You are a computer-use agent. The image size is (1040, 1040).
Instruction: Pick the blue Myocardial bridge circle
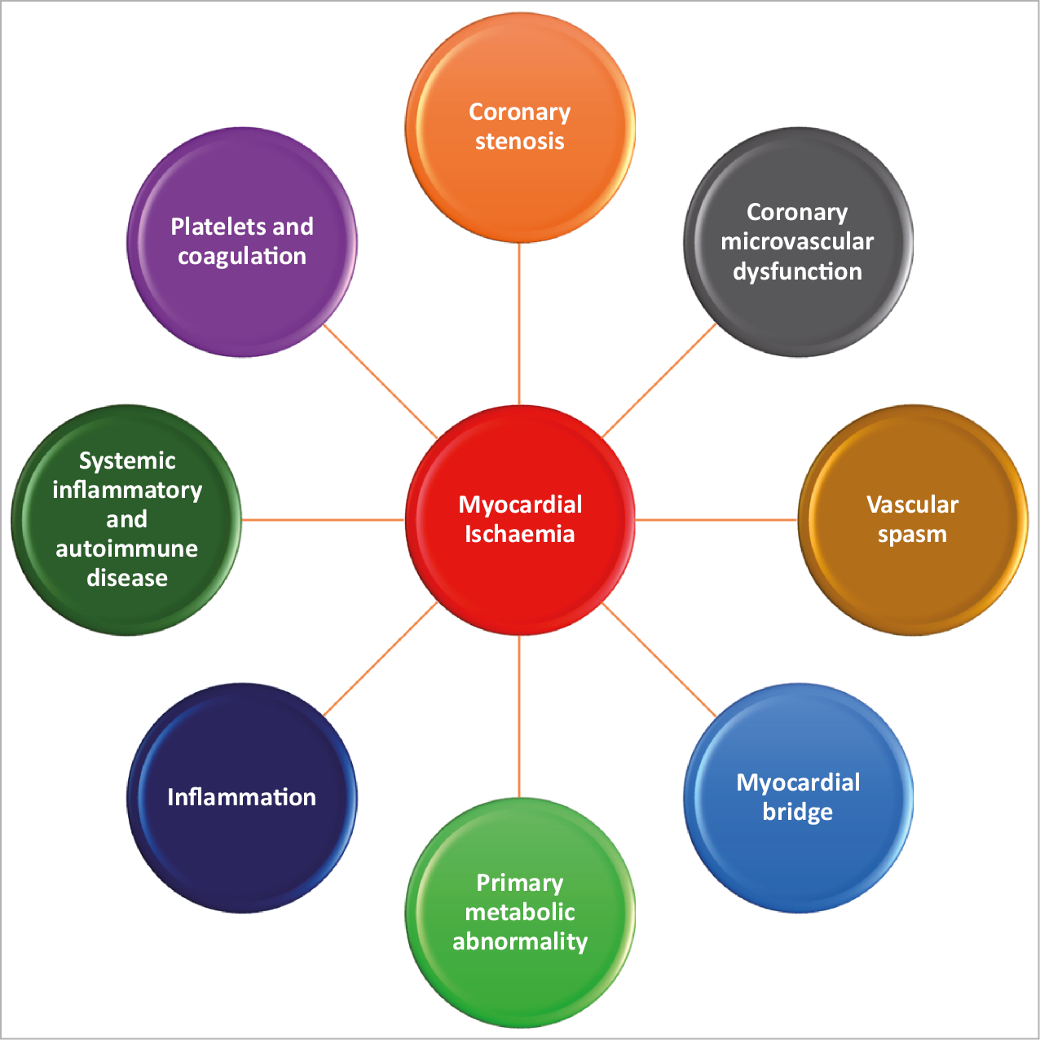click(x=798, y=856)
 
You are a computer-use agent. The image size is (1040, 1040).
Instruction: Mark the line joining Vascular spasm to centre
click(x=716, y=519)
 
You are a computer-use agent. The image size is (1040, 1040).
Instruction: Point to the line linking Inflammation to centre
click(x=381, y=659)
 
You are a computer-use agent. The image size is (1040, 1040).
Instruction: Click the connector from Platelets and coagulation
click(x=381, y=381)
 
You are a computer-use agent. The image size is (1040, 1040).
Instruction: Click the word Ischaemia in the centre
click(x=520, y=535)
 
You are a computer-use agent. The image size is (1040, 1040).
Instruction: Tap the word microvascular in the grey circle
click(x=797, y=241)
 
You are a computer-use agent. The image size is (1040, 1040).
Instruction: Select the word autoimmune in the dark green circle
click(x=126, y=549)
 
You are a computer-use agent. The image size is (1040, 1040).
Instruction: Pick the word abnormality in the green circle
click(x=520, y=941)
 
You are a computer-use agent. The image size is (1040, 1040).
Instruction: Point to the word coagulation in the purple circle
click(x=242, y=256)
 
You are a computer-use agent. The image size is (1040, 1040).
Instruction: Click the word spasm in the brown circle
click(x=912, y=535)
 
